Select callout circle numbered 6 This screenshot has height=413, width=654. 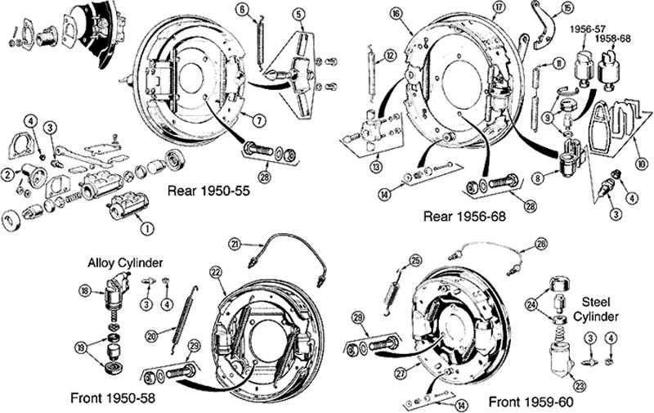(242, 9)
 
